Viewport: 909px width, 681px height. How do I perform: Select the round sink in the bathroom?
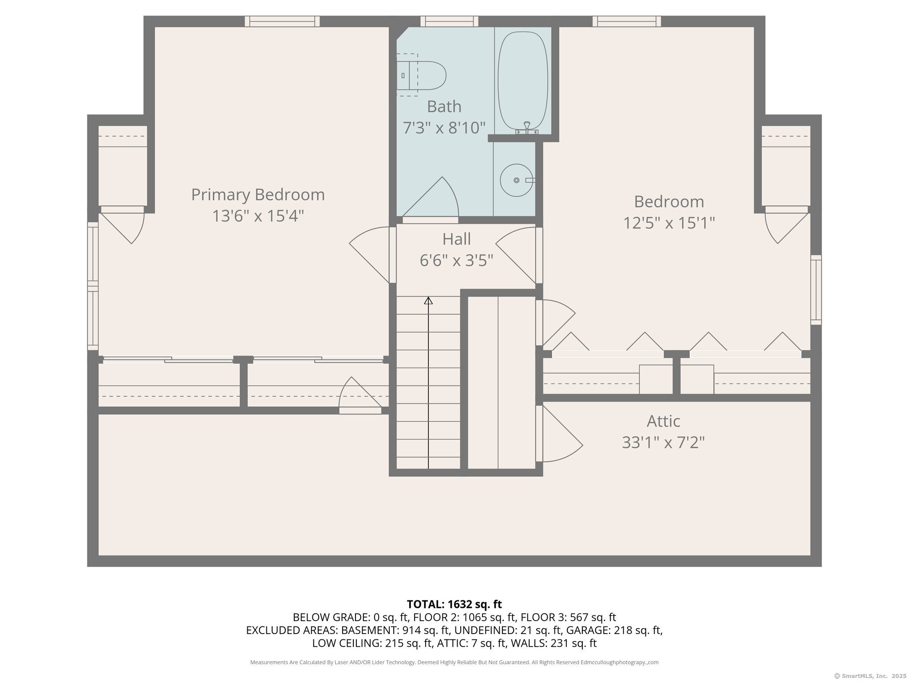click(517, 180)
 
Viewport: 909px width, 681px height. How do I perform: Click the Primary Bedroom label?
click(258, 195)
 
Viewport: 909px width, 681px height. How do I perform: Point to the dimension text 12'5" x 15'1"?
click(669, 223)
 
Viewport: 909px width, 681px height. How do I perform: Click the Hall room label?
click(456, 239)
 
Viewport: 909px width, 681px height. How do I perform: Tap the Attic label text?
click(663, 421)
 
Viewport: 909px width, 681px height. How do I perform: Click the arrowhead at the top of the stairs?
click(428, 301)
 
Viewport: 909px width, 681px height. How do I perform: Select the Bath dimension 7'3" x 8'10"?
click(444, 128)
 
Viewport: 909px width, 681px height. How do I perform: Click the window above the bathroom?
click(449, 21)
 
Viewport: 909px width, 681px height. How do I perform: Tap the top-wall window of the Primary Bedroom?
click(282, 21)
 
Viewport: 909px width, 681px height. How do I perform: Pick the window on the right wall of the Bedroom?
click(816, 290)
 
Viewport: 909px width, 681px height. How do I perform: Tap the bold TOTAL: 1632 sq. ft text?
click(454, 604)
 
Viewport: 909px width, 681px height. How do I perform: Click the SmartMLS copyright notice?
click(870, 676)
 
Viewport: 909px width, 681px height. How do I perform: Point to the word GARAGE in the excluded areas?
click(588, 630)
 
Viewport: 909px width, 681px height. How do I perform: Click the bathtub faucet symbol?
click(527, 127)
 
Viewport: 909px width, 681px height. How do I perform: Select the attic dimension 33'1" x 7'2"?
click(663, 442)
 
